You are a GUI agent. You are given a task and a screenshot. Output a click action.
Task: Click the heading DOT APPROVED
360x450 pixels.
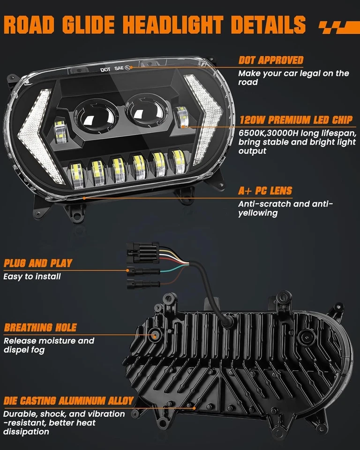click(270, 60)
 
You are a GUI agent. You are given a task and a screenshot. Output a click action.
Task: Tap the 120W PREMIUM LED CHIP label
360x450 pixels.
click(296, 120)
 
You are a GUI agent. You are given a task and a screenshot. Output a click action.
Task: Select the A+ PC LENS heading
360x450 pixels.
click(265, 191)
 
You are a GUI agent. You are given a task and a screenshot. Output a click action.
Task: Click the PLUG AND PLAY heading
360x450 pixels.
click(38, 263)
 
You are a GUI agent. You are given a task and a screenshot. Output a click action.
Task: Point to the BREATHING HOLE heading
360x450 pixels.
click(40, 327)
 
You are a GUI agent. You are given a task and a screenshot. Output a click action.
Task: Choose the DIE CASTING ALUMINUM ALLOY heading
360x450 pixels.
click(68, 401)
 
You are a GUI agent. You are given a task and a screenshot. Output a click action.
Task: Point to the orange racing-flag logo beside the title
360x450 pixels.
click(336, 27)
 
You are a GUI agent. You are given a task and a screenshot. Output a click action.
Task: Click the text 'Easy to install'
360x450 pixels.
click(32, 277)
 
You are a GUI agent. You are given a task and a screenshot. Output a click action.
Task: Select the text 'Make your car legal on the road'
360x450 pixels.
click(293, 78)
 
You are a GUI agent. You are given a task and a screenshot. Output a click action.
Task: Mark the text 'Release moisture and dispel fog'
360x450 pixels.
click(49, 345)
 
